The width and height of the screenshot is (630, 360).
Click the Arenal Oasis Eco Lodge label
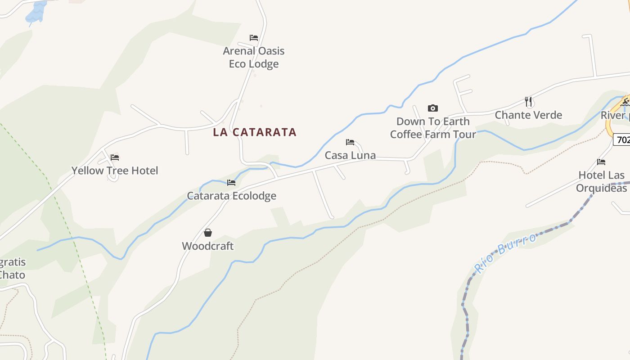(x=254, y=57)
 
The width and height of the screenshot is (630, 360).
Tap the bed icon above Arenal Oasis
(x=254, y=38)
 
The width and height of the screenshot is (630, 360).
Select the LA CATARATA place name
(x=255, y=132)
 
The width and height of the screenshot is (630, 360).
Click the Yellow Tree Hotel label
(x=115, y=171)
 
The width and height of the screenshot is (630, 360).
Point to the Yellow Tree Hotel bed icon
(x=115, y=157)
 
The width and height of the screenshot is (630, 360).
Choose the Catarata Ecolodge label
(x=231, y=196)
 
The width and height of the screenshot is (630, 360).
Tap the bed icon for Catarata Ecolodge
(x=231, y=183)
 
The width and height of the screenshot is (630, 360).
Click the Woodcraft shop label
(x=208, y=246)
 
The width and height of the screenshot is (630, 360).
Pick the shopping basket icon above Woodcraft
(x=208, y=233)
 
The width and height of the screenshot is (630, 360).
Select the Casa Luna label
(x=350, y=155)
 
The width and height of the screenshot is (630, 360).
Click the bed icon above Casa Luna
(x=350, y=142)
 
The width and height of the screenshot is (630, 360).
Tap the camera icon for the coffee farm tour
(x=432, y=108)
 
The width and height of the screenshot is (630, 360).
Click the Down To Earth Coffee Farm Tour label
(x=433, y=128)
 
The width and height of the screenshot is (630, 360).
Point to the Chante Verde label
(x=528, y=115)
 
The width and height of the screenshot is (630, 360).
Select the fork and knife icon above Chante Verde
(x=528, y=102)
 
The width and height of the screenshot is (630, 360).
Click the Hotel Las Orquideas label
(x=601, y=181)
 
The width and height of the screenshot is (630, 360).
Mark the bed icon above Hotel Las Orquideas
(x=601, y=162)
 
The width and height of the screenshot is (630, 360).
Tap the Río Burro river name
(x=505, y=253)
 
